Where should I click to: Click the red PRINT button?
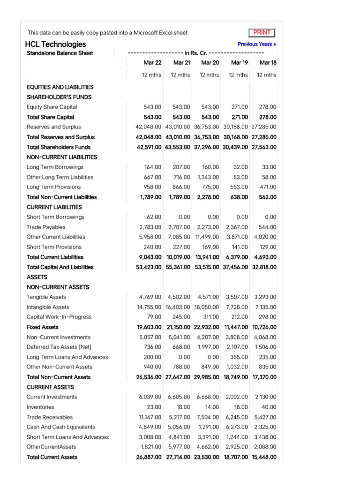click(x=262, y=32)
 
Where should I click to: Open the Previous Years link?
click(x=256, y=44)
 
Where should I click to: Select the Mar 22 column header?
click(x=152, y=62)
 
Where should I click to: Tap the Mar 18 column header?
click(x=268, y=62)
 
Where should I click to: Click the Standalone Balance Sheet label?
click(x=60, y=53)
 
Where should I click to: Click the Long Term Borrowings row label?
click(x=55, y=167)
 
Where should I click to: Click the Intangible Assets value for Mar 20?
click(x=206, y=307)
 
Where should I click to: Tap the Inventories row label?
click(x=40, y=407)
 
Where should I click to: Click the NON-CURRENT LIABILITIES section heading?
click(x=62, y=157)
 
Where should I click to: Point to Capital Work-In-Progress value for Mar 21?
click(x=181, y=317)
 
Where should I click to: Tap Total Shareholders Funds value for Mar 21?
click(x=178, y=147)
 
